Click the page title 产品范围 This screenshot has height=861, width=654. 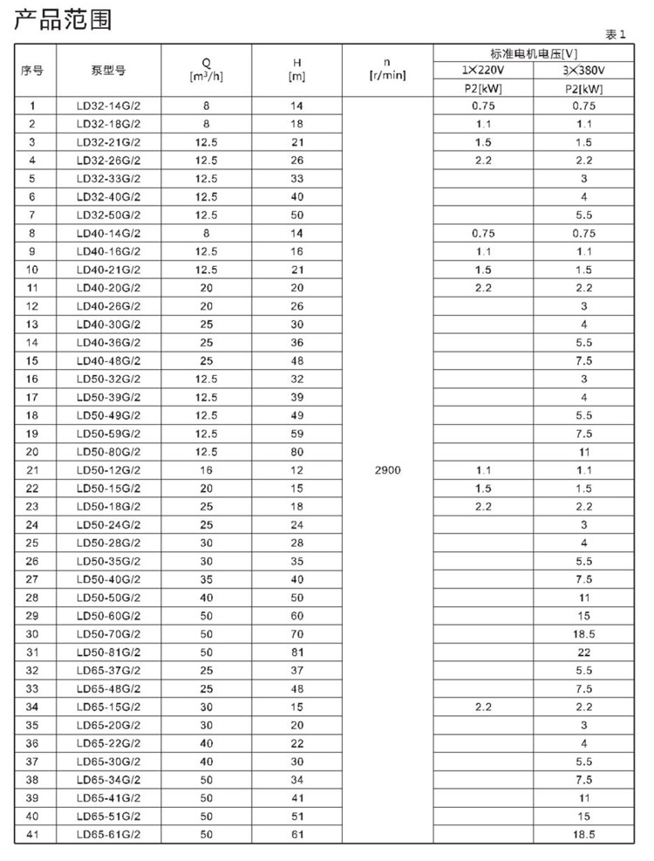63,19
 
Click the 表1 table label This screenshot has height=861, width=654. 616,34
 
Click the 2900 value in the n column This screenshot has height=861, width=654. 389,470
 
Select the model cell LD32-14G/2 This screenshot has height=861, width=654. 108,106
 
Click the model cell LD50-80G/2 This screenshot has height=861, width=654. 108,452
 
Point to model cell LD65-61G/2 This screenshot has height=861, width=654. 108,835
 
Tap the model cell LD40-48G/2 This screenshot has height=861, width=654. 108,360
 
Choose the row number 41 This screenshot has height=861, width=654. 33,835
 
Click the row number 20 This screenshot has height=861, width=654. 33,452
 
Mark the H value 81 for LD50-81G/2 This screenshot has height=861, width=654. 297,653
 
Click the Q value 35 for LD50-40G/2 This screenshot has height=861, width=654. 207,579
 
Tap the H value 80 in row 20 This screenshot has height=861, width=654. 297,452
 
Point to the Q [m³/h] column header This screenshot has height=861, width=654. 207,70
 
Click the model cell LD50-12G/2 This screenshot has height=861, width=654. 108,470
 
